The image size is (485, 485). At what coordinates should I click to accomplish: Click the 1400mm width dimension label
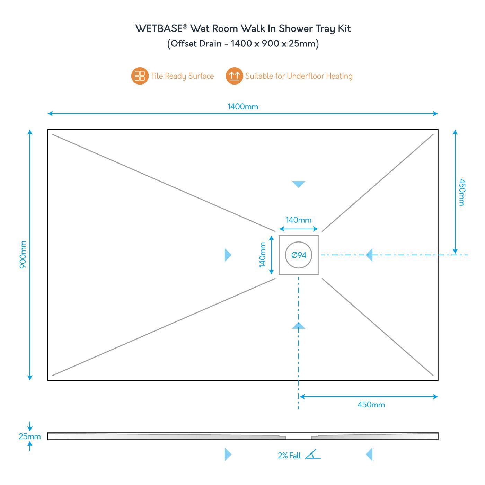tap(242, 107)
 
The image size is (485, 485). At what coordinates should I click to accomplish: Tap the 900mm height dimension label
tap(23, 255)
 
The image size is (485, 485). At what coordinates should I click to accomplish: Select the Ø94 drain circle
tap(299, 255)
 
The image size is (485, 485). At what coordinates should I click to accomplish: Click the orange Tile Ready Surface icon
tap(140, 76)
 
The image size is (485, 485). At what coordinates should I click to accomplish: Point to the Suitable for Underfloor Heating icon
tap(234, 76)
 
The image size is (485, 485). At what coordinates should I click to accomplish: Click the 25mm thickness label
tap(29, 436)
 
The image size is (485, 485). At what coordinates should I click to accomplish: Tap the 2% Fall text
tap(289, 456)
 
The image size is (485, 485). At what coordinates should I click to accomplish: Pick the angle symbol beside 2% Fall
tap(313, 454)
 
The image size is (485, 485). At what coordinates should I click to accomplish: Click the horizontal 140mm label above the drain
tap(298, 220)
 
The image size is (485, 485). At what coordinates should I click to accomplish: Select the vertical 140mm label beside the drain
tap(263, 255)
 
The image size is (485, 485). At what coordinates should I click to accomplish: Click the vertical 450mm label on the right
tap(462, 192)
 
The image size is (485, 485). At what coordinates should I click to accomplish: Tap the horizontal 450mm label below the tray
tap(371, 405)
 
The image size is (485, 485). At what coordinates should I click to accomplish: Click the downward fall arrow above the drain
tap(299, 184)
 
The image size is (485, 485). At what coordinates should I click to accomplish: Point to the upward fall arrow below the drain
tap(299, 325)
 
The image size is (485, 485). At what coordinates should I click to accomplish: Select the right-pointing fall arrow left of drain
tap(228, 255)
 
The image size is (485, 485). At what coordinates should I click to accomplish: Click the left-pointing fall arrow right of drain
tap(369, 255)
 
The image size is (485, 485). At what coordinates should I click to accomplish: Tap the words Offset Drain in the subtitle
tap(196, 44)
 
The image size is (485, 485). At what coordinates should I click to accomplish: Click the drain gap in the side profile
tap(299, 437)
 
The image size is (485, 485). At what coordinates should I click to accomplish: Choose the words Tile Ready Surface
tap(182, 76)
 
